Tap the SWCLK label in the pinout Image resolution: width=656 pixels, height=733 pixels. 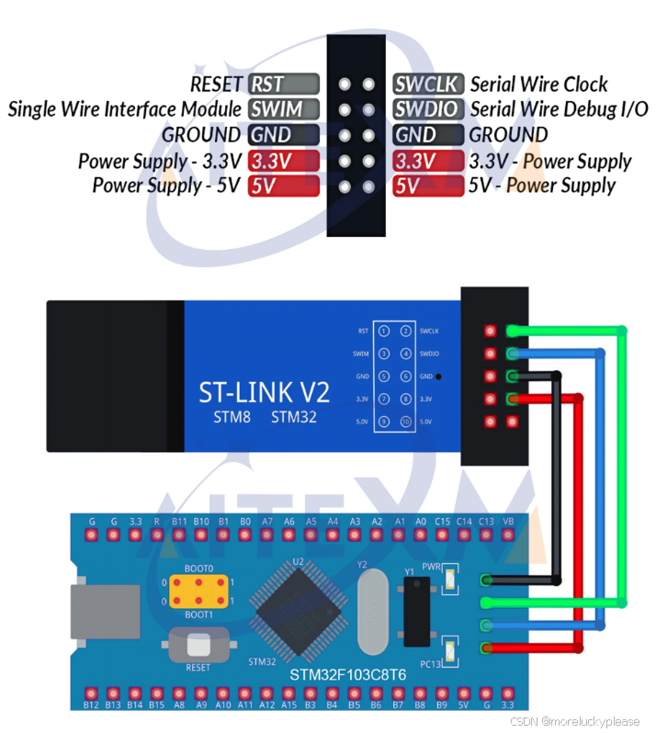427,85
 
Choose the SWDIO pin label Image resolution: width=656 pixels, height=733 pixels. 427,109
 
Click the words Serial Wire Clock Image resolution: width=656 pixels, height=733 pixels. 539,85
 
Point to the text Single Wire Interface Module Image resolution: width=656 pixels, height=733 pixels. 125,109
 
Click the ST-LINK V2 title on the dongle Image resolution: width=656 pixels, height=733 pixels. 264,392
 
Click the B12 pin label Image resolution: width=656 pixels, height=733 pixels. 91,705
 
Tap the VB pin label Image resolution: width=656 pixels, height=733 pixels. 508,522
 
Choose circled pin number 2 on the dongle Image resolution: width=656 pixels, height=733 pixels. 405,331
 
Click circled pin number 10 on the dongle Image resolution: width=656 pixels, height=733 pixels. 405,421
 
